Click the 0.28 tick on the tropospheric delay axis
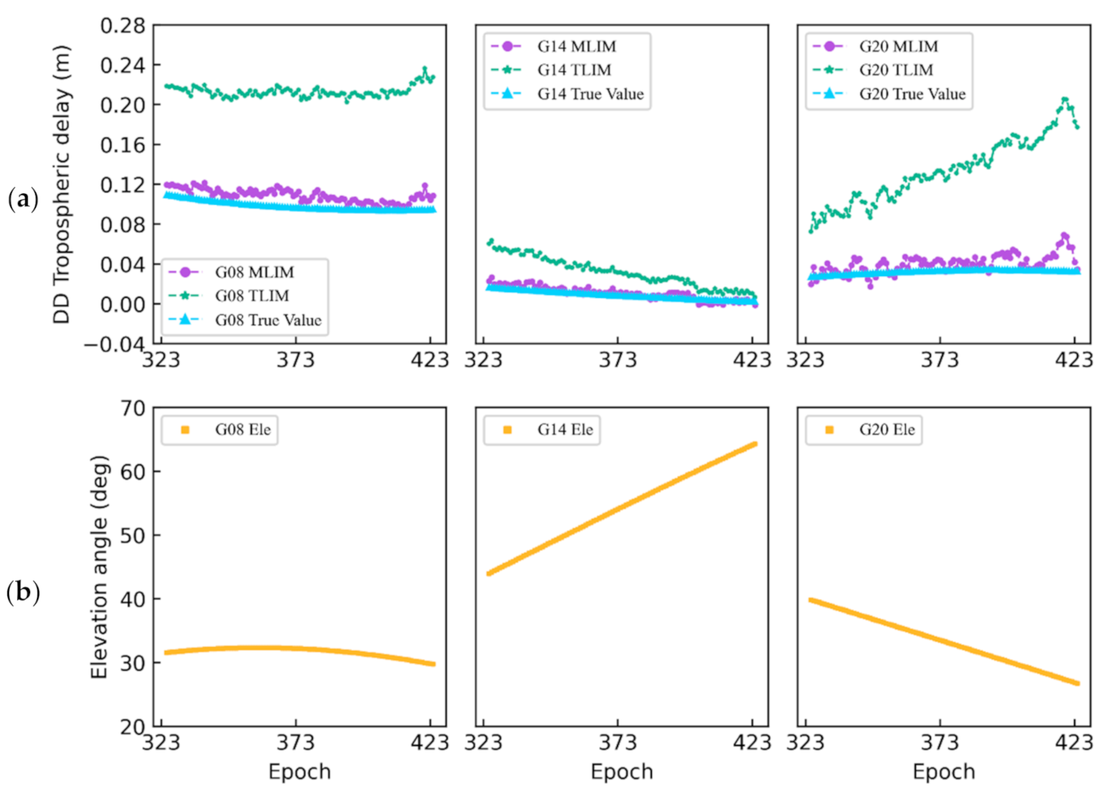[123, 26]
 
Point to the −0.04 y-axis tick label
[114, 344]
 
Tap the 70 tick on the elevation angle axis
[133, 408]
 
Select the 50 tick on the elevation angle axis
[133, 536]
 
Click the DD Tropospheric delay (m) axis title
[62, 185]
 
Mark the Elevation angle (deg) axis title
[99, 567]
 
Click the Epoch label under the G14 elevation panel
[622, 772]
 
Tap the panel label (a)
[23, 199]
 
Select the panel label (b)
[23, 592]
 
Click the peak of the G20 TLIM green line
[1064, 99]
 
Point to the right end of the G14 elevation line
[755, 444]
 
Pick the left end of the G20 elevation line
[810, 599]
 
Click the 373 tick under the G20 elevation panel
[940, 743]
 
